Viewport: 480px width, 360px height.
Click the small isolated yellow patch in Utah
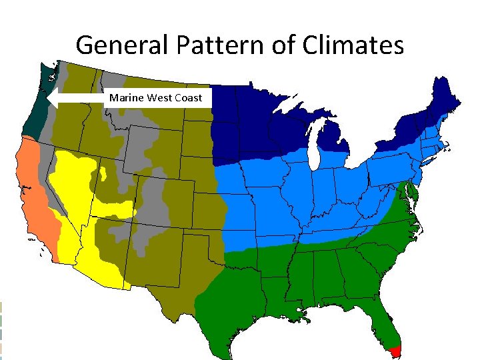coord(104,175)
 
